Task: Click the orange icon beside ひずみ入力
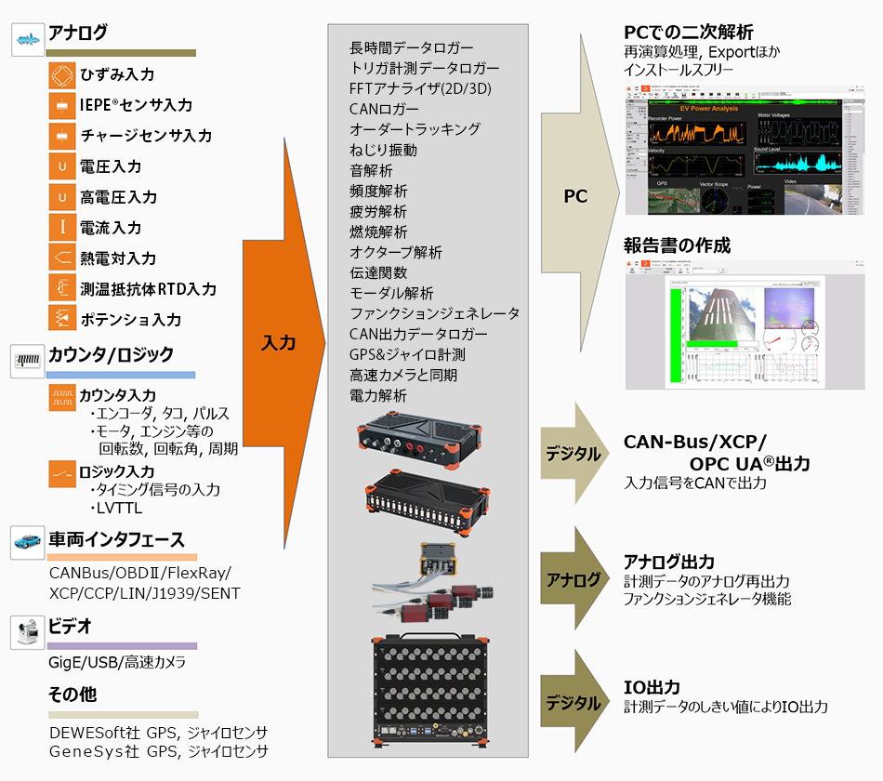(62, 74)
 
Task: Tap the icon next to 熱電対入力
(62, 258)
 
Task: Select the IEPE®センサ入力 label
(136, 105)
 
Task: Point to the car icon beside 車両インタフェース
(27, 541)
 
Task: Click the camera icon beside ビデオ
(27, 629)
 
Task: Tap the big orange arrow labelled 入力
(279, 342)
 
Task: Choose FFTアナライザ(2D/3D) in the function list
(420, 88)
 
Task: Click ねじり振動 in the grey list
(383, 150)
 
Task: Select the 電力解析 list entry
(378, 395)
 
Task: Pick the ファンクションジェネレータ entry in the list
(434, 313)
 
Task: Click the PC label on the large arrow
(575, 197)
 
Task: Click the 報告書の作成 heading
(677, 245)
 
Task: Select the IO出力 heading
(652, 688)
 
